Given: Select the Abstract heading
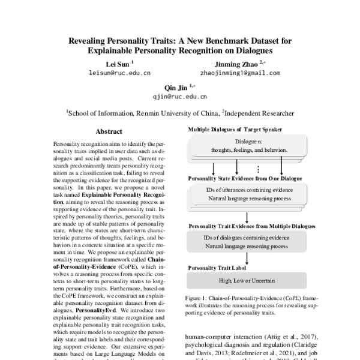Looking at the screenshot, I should (x=109, y=131).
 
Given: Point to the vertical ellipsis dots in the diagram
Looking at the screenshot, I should (x=257, y=169).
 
